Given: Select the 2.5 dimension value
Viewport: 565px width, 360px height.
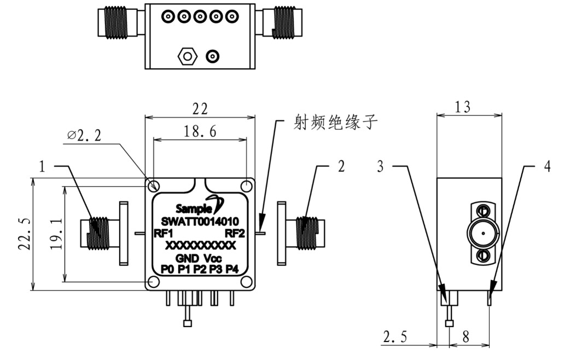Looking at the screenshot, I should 393,337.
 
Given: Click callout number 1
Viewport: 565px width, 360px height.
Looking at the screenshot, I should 43,166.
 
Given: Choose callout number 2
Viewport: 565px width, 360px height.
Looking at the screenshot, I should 341,166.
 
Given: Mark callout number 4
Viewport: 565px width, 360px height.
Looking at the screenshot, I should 547,166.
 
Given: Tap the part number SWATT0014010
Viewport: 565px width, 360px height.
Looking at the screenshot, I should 200,222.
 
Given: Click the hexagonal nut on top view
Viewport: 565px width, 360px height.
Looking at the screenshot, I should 187,56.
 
